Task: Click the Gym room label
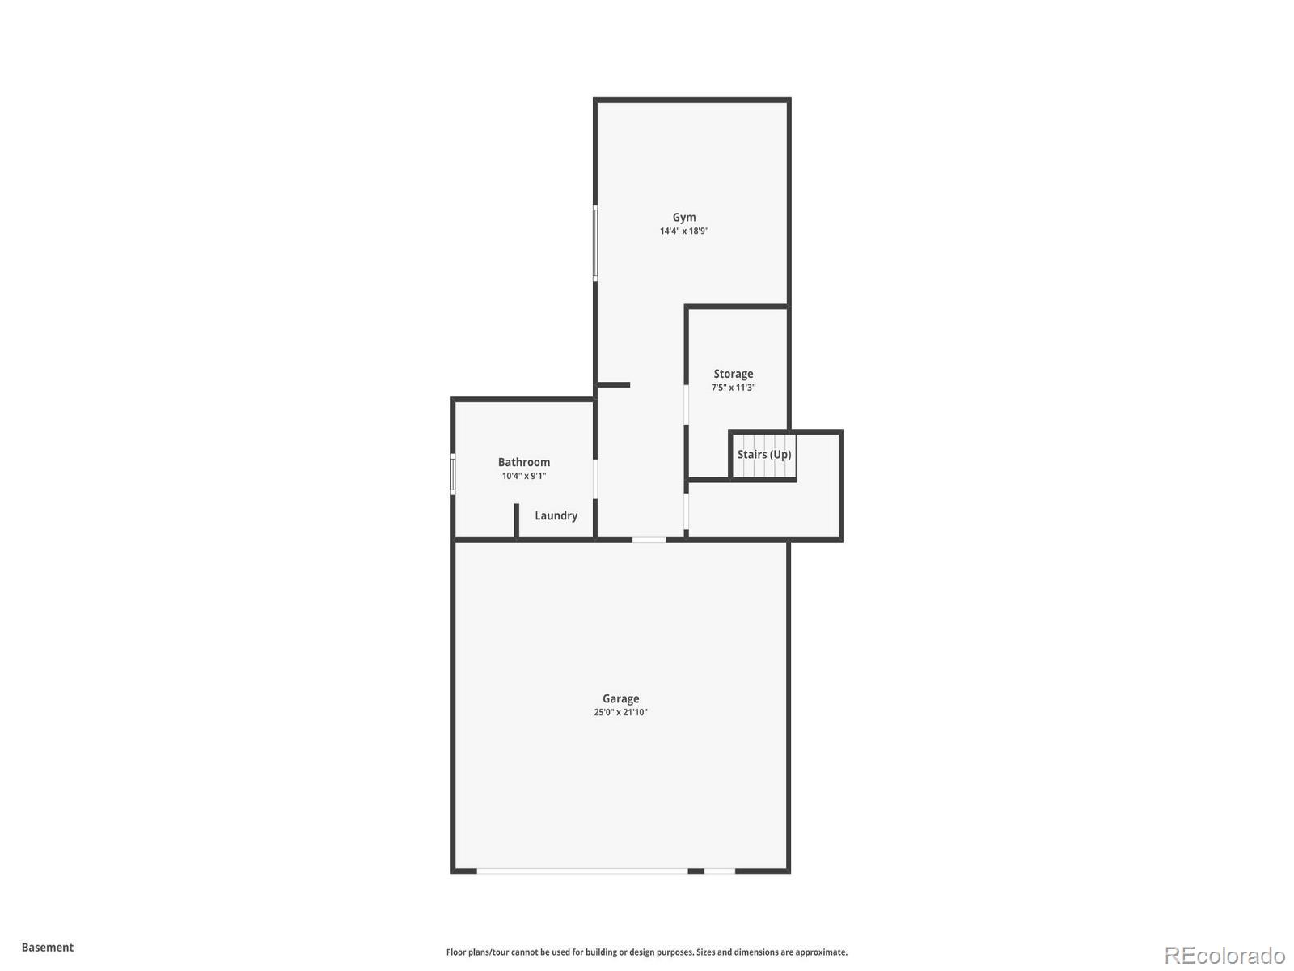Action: point(684,217)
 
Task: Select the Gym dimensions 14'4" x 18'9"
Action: point(684,231)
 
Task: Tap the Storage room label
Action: point(733,374)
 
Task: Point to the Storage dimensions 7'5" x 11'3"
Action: point(733,388)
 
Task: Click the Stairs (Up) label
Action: point(764,455)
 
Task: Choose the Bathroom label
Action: point(524,462)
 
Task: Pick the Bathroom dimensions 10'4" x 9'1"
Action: point(524,476)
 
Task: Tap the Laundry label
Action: point(556,515)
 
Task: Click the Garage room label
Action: point(620,698)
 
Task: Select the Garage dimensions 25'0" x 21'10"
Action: point(620,713)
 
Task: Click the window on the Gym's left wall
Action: point(595,243)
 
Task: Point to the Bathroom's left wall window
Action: point(453,473)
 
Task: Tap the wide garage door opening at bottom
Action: point(581,871)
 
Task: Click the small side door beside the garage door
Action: point(719,871)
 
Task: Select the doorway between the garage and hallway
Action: point(649,540)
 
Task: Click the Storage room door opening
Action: point(687,405)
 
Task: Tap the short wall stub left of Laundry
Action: point(516,520)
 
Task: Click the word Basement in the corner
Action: point(48,947)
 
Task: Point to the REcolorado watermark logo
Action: point(1224,956)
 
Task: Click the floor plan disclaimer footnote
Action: point(647,952)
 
